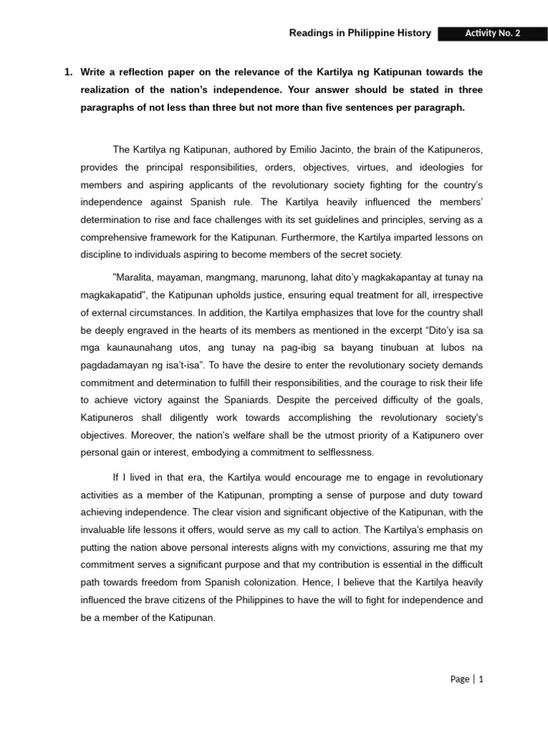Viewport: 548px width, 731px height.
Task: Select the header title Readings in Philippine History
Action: coord(360,34)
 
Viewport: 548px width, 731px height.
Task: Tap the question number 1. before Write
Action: coord(68,72)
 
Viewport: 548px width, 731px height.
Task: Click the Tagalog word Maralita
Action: coord(135,277)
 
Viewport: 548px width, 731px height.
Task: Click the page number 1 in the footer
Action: coord(482,679)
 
